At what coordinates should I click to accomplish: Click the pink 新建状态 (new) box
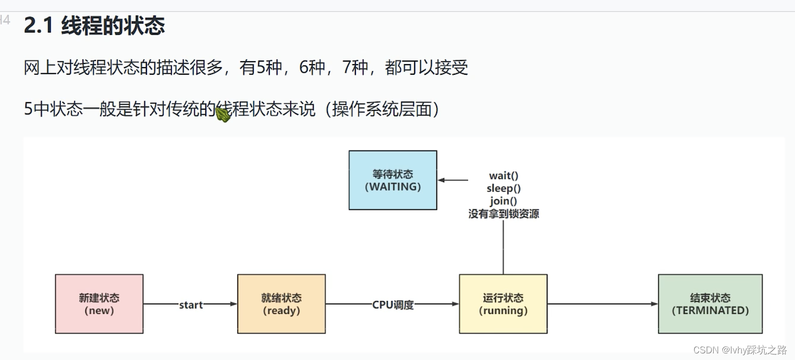[x=99, y=304]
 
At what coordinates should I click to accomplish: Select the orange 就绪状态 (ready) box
[x=281, y=304]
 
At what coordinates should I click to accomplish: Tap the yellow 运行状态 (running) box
[x=503, y=304]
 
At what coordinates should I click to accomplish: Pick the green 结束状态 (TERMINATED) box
[x=710, y=304]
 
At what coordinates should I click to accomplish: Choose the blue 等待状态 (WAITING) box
[x=392, y=180]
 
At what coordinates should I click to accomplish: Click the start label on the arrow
[x=191, y=305]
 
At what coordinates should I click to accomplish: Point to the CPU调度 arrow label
[x=393, y=305]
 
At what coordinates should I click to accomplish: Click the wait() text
[x=503, y=176]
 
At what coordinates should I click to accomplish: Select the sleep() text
[x=503, y=189]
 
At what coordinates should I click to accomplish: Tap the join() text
[x=503, y=201]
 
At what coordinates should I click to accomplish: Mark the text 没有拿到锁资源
[x=503, y=214]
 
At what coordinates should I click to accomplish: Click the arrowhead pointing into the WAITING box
[x=441, y=180]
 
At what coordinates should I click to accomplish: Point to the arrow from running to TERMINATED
[x=602, y=304]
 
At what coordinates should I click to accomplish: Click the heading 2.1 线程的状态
[x=95, y=25]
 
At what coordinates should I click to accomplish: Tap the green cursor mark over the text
[x=223, y=113]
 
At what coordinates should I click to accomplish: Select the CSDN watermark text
[x=740, y=350]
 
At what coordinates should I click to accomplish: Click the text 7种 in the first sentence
[x=354, y=67]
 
